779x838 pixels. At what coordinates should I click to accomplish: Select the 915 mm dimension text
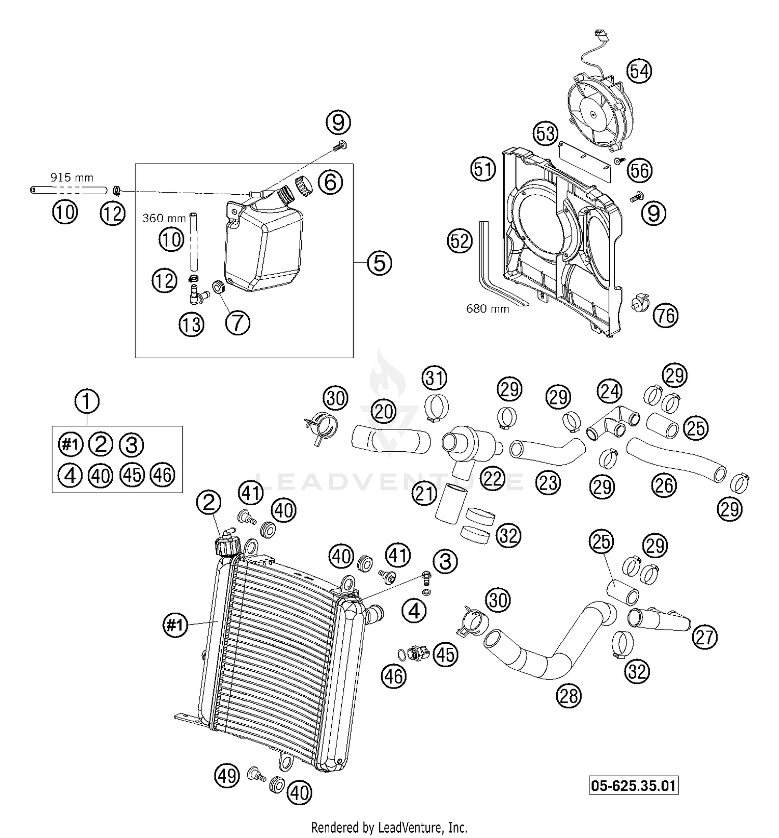coord(72,178)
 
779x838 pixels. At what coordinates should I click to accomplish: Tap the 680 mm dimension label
coord(488,309)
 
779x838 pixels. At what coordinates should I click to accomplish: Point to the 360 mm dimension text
coord(164,218)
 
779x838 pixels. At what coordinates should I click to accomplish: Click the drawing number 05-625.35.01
coord(634,786)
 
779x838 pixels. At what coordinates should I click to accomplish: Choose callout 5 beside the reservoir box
coord(379,263)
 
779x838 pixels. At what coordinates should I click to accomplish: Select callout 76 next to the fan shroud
coord(666,315)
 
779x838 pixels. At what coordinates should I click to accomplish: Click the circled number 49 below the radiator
coord(226,776)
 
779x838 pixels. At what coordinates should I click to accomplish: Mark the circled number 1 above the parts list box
coord(87,401)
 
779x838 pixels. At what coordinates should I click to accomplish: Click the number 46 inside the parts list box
coord(163,475)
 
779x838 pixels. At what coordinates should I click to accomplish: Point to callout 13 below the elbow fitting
coord(192,325)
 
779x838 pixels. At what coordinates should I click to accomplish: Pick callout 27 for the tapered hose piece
coord(704,637)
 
